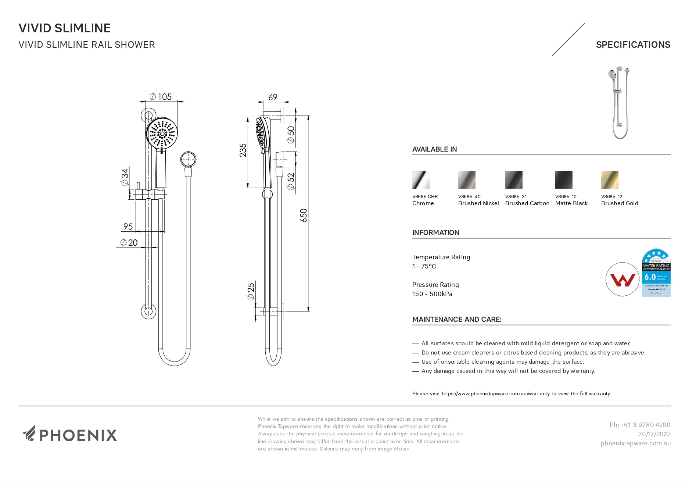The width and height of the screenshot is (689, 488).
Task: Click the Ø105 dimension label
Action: [161, 97]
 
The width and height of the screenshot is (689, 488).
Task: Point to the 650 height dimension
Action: [304, 215]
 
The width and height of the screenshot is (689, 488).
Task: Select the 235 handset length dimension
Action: [243, 150]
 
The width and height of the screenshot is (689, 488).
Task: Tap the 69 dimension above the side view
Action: [273, 97]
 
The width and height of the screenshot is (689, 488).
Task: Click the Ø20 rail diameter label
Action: [129, 242]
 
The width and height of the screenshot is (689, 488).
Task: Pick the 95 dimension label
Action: [128, 227]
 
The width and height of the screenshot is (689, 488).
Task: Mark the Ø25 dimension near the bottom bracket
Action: [251, 291]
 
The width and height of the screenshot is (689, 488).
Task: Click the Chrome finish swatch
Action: [421, 180]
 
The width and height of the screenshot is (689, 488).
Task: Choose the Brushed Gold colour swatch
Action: [610, 180]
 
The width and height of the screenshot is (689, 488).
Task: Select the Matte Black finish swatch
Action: [564, 180]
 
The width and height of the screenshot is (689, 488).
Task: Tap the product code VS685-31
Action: [516, 197]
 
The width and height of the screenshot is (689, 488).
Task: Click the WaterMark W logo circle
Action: [622, 279]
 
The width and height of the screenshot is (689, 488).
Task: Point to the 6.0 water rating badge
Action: [656, 273]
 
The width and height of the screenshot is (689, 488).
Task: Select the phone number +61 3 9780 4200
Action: [640, 425]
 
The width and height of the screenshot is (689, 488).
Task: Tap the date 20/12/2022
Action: [654, 434]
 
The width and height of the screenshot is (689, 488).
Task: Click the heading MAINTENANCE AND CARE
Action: [456, 319]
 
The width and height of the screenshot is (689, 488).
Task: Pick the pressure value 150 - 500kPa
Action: [432, 294]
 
